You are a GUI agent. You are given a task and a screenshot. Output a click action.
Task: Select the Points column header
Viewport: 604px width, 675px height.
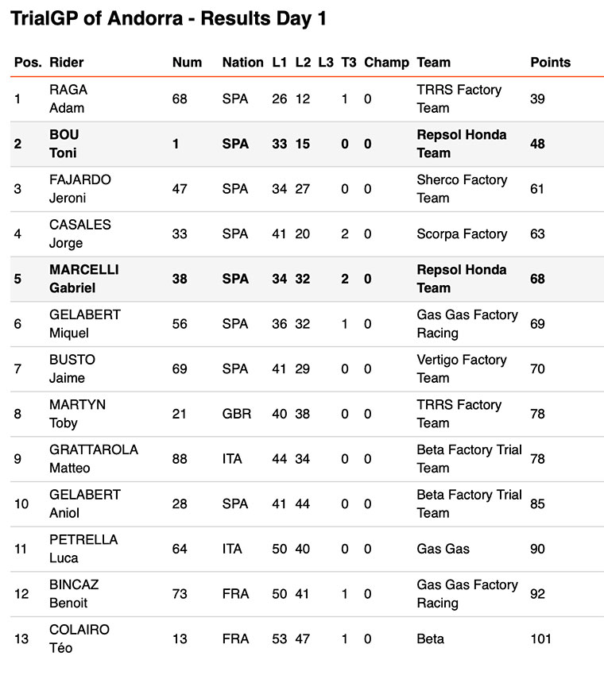pos(550,62)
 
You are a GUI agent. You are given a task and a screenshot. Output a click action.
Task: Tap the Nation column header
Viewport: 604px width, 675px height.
pos(242,62)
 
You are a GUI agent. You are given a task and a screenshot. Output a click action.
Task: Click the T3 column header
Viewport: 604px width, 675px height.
pos(349,62)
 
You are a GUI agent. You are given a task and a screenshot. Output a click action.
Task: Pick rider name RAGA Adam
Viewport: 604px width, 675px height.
pos(68,98)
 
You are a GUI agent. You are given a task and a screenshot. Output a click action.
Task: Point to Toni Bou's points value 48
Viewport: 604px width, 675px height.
pos(537,144)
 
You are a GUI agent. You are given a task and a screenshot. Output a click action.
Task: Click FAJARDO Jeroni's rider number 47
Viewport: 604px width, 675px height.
pos(180,189)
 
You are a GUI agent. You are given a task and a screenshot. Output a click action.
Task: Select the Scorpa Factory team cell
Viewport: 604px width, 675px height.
pos(462,233)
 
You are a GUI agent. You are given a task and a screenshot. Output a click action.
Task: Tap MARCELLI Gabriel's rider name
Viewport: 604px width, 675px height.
pos(84,279)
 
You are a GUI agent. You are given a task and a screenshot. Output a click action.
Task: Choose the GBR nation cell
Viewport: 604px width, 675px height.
pos(236,414)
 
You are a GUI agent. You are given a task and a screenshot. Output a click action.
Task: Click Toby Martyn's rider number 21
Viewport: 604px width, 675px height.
pos(179,414)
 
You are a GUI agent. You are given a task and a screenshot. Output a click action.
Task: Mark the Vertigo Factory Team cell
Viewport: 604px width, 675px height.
pos(461,368)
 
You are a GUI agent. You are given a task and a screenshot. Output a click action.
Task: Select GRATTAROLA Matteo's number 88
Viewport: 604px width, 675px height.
pos(180,459)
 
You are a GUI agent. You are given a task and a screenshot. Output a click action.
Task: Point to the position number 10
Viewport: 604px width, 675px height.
pos(21,503)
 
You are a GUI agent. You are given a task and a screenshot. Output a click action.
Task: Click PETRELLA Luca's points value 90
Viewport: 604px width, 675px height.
pos(537,549)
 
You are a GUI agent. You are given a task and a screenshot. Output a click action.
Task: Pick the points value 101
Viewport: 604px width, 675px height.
pos(540,638)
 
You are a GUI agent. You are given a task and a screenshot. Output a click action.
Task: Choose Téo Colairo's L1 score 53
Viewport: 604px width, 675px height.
pos(280,638)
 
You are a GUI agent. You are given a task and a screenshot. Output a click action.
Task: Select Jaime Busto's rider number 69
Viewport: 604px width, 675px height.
pos(180,368)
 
